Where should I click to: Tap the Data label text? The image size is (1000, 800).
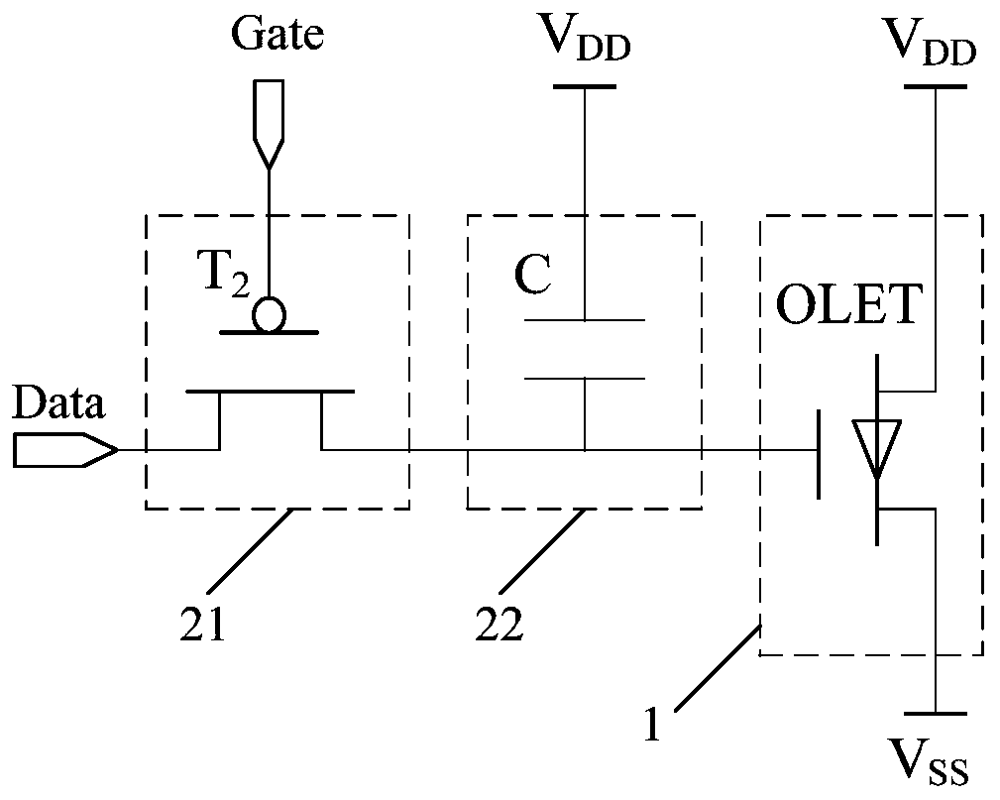tap(58, 403)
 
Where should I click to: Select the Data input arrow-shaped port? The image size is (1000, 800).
tap(65, 450)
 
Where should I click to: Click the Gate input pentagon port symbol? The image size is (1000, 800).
tap(269, 124)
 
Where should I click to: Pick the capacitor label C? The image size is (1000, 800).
tap(532, 275)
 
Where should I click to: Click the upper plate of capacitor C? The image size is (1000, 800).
tap(584, 319)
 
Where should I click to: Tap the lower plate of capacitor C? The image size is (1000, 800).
tap(584, 379)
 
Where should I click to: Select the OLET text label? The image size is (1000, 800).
tap(849, 304)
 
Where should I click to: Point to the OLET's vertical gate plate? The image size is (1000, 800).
tap(819, 454)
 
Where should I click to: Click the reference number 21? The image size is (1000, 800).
tap(203, 624)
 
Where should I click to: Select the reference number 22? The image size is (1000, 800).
tap(499, 624)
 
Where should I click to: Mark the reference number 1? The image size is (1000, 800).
tap(652, 723)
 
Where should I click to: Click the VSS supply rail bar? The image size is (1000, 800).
tap(936, 714)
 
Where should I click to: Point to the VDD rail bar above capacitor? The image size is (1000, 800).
tap(584, 86)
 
